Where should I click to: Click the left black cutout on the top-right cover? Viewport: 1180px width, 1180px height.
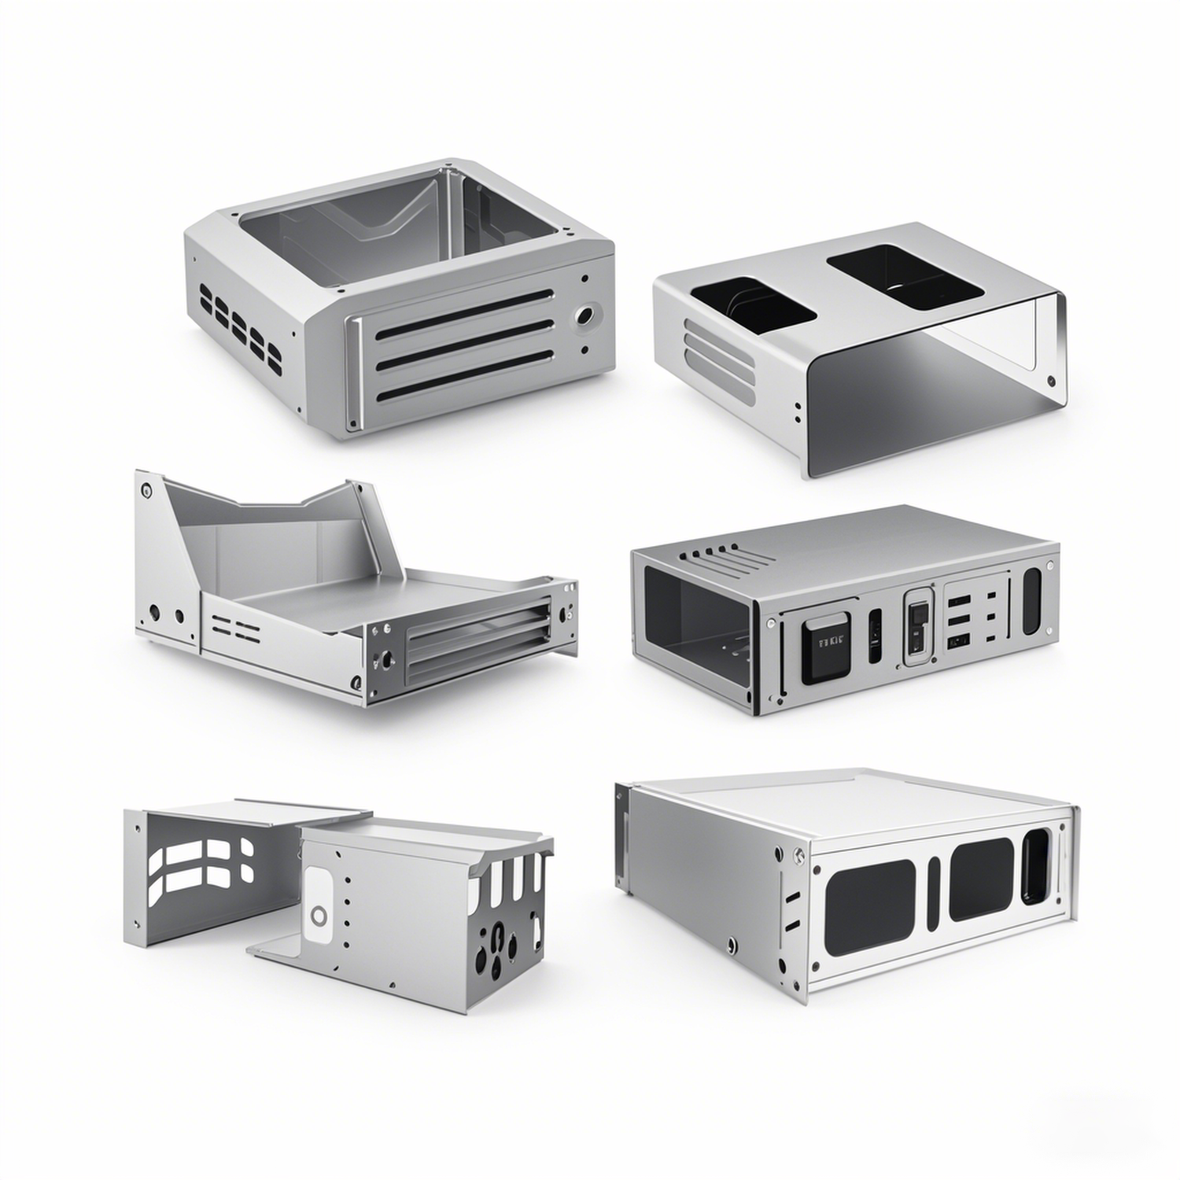[x=752, y=301]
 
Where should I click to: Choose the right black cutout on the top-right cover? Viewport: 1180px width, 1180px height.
[x=905, y=276]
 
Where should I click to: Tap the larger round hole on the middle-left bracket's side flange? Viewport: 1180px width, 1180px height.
[x=154, y=610]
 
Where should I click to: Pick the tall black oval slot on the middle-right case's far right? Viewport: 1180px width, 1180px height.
[x=1031, y=602]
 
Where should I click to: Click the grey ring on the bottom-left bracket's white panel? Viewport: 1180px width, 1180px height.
[x=319, y=915]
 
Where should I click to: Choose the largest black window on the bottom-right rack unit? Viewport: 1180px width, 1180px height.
[x=869, y=907]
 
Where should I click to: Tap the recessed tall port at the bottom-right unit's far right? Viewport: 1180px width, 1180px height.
[x=1037, y=865]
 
